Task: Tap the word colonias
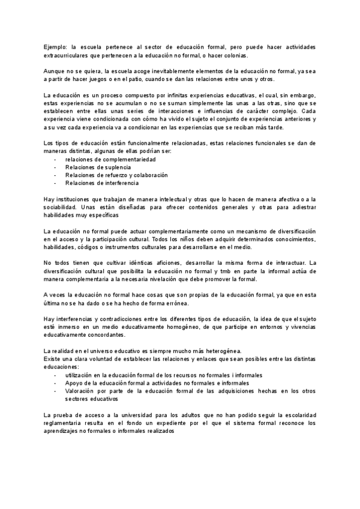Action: (x=235, y=55)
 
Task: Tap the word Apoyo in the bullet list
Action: (x=74, y=382)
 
